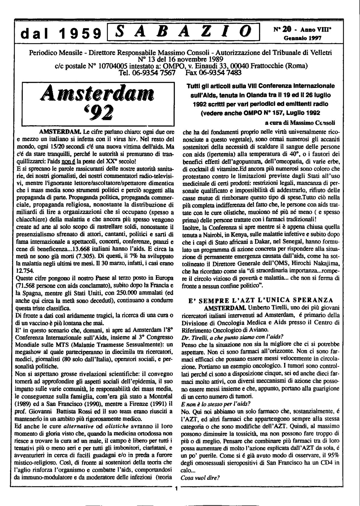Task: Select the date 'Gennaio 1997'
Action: coord(303,38)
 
